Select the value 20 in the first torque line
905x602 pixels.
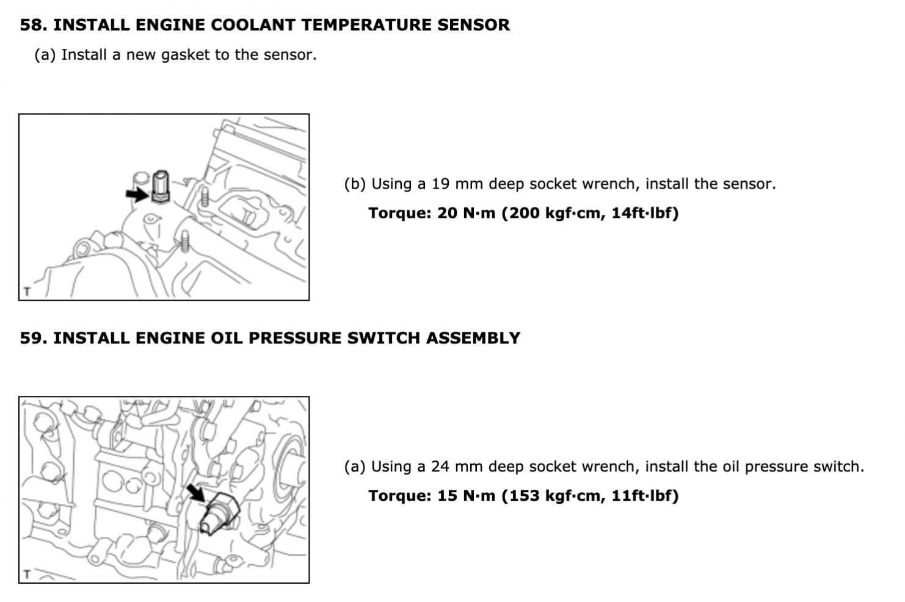coord(447,213)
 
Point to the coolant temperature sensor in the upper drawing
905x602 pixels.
coord(161,187)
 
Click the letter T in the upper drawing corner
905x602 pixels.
coord(27,291)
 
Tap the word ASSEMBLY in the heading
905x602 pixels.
coord(473,338)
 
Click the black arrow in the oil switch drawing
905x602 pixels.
coord(197,493)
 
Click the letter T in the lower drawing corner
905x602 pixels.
coord(27,574)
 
